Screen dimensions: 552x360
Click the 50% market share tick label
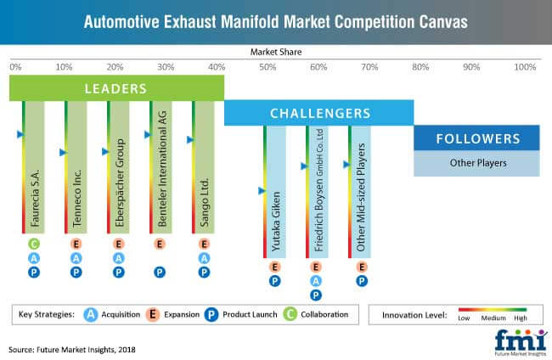point(268,67)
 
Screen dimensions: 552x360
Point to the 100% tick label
point(525,67)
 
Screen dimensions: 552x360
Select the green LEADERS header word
point(115,88)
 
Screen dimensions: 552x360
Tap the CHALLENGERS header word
point(320,113)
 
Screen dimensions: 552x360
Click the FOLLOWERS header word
point(478,138)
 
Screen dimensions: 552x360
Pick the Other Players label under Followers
point(478,163)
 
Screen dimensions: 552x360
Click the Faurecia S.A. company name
point(35,198)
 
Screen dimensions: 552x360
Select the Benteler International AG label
point(162,169)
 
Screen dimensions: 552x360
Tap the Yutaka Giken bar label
point(276,222)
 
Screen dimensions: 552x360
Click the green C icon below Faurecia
point(34,244)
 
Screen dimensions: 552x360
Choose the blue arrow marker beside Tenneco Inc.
point(64,152)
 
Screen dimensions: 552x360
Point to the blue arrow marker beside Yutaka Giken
point(262,191)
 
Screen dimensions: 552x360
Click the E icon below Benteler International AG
point(160,244)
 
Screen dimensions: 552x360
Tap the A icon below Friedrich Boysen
point(316,281)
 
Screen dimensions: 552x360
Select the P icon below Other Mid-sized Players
point(362,281)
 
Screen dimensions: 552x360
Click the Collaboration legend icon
point(290,314)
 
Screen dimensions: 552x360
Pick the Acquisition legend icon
point(91,314)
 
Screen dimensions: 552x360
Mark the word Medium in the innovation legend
point(493,318)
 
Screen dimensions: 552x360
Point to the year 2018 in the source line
point(127,350)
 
